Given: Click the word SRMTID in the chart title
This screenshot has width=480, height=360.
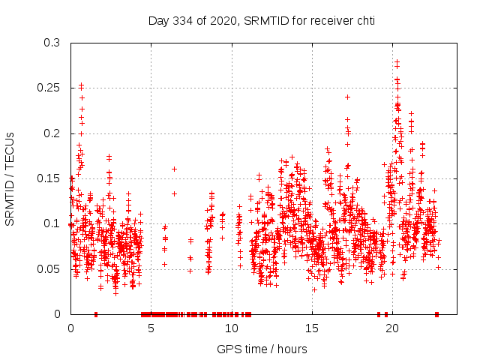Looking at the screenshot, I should (x=259, y=20).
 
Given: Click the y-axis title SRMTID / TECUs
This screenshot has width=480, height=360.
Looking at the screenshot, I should (x=10, y=178).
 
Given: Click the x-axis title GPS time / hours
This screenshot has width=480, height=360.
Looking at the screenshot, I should (x=262, y=349).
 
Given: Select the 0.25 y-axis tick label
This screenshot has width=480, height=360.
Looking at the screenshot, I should (x=49, y=88).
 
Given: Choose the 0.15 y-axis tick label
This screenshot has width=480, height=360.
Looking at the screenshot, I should (x=49, y=178).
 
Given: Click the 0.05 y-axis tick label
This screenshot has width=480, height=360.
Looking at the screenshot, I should (x=49, y=268).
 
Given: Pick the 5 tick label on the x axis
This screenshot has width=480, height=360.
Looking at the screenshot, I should (x=151, y=328).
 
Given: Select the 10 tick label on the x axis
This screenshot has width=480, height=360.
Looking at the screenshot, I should (x=231, y=328).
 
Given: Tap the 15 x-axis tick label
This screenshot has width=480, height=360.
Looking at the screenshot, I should (x=311, y=328).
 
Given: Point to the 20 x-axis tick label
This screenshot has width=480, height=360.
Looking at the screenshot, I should (x=391, y=328).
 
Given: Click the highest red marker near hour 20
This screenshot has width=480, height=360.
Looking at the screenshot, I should (x=397, y=62).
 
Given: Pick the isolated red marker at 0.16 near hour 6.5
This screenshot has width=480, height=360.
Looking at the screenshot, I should (x=174, y=169).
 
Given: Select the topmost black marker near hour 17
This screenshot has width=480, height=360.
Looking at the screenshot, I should (x=347, y=97).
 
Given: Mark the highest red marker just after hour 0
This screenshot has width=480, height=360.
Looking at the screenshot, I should (x=81, y=85).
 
